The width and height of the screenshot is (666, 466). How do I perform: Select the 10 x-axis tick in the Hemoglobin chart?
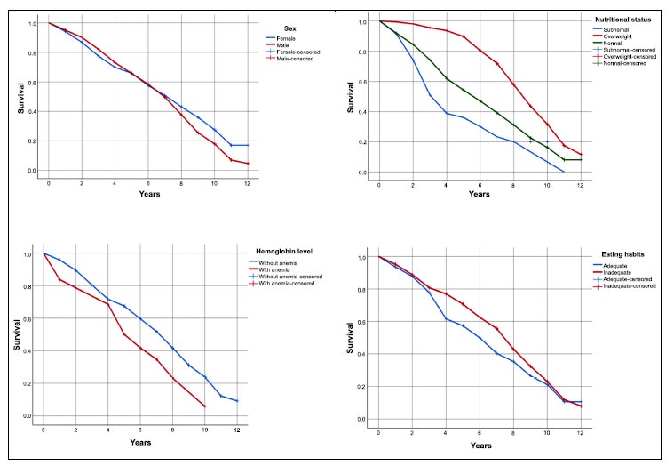click(204, 430)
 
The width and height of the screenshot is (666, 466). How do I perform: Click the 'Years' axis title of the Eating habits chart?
click(480, 446)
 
